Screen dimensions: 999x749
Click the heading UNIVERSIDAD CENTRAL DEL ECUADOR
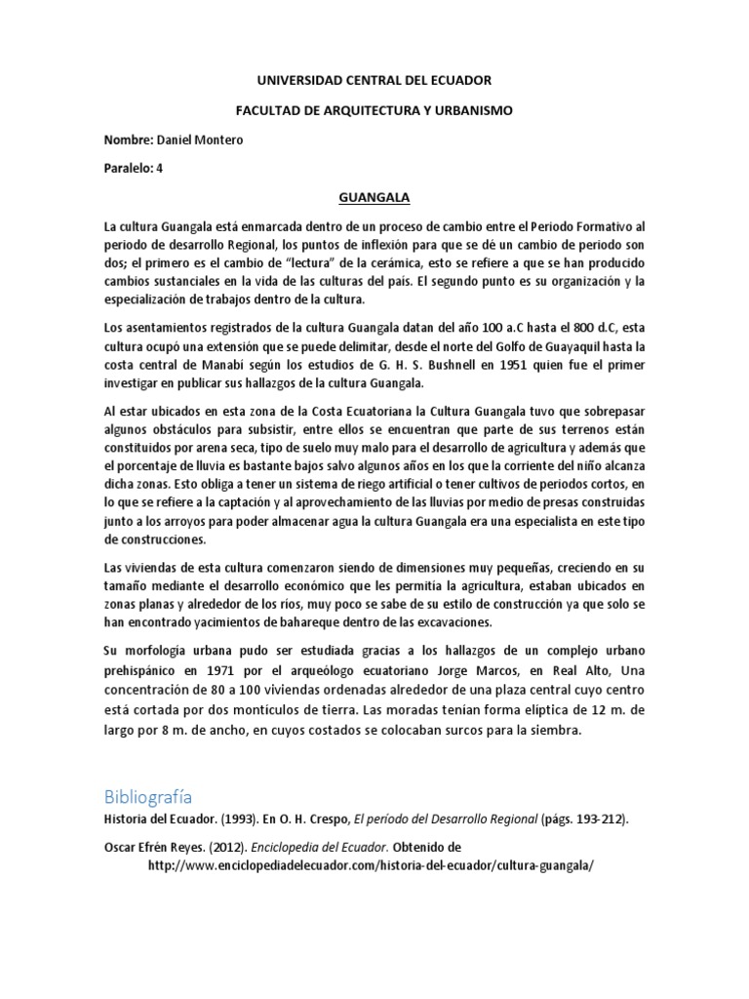point(374,80)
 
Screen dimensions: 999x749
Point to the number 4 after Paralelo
point(160,168)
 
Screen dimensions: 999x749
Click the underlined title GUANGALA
point(374,197)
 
